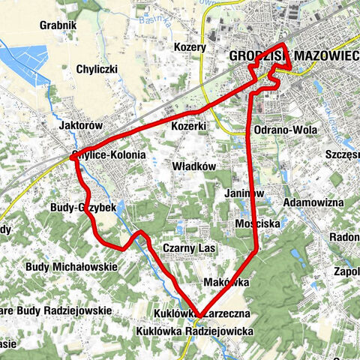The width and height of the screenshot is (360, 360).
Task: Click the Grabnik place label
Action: coord(60,24)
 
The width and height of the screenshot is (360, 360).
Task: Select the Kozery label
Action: coord(190,46)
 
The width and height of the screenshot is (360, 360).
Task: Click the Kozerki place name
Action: coord(188,126)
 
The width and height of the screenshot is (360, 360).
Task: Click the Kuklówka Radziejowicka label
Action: coord(195,331)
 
